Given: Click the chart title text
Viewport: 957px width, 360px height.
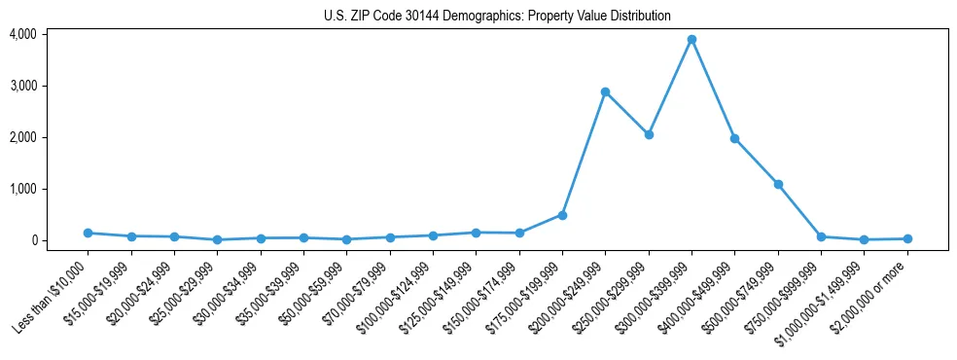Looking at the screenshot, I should click(497, 16).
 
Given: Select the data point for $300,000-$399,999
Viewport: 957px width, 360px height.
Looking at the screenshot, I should click(691, 40).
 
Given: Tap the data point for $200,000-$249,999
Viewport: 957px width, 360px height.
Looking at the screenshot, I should click(605, 92).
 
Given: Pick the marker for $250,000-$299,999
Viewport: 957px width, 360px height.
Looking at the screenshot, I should click(649, 135).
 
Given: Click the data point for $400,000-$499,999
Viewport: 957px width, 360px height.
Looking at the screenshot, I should click(735, 138).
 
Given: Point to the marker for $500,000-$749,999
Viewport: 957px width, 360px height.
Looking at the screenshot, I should click(778, 184).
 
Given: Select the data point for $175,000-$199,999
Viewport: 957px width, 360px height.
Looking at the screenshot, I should click(562, 215).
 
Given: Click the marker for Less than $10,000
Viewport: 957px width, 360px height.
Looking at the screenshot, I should click(88, 233).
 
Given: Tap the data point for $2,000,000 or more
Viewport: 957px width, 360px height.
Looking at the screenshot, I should click(907, 238).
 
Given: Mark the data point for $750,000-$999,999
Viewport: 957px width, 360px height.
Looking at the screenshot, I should click(822, 236).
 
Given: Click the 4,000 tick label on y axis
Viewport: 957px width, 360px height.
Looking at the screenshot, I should click(22, 34).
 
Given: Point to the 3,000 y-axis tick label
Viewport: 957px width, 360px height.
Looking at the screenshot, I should click(22, 86).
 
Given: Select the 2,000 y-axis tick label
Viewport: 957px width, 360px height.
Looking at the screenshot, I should click(22, 137).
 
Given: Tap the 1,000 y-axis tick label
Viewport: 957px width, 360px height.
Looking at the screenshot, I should click(22, 189).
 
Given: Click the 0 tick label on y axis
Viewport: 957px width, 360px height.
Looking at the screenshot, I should click(32, 240).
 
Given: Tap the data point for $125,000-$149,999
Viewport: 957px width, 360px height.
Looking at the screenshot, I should click(476, 233).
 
